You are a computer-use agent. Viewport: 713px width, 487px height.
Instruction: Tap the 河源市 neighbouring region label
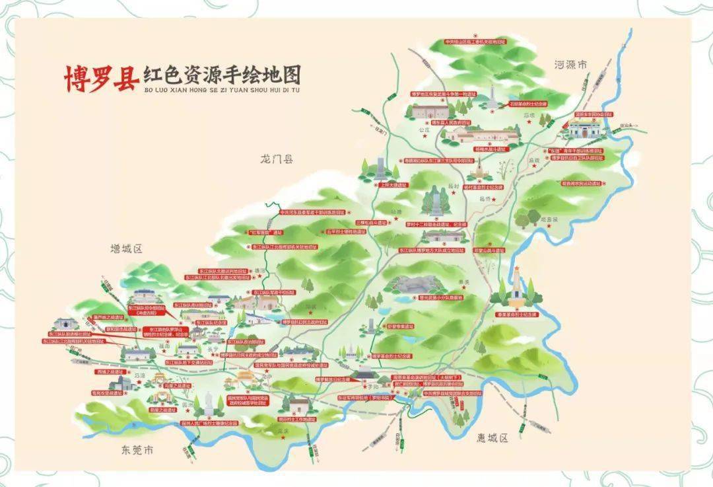[x=571, y=65]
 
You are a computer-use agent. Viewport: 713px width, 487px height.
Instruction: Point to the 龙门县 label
[x=277, y=159]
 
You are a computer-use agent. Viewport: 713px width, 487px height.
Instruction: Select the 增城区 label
[x=127, y=249]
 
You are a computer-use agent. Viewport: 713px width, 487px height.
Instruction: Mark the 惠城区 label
[x=493, y=438]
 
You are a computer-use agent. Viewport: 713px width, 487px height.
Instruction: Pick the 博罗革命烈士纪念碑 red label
[x=391, y=356]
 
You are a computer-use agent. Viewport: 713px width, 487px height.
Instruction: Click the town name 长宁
[x=212, y=349]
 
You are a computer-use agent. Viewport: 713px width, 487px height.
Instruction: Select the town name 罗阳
[x=372, y=386]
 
